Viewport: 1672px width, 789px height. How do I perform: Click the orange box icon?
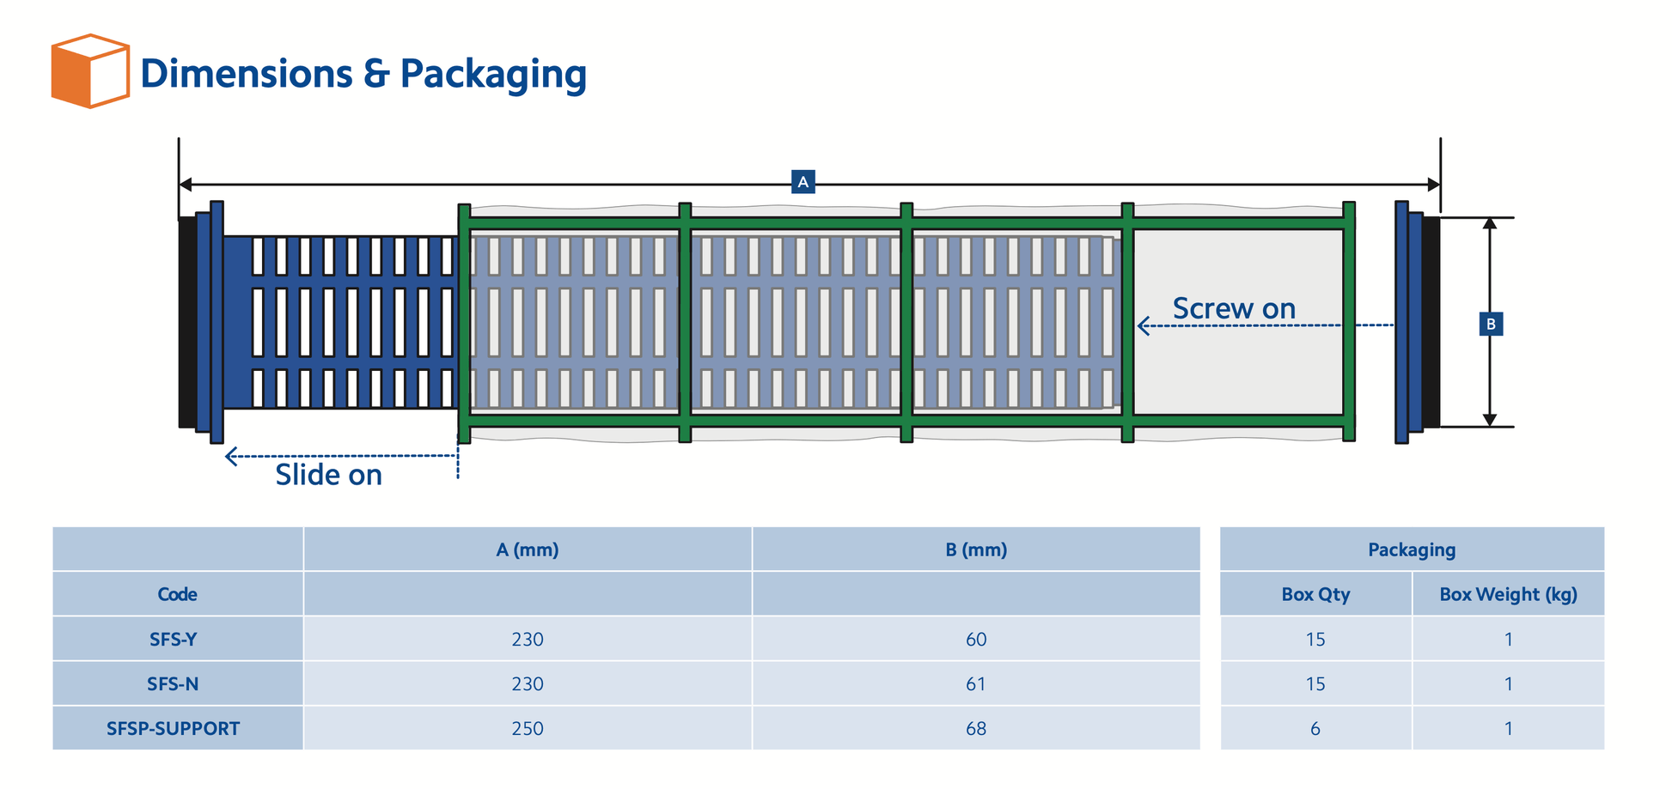pyautogui.click(x=89, y=71)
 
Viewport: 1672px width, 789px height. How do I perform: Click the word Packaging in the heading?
pyautogui.click(x=493, y=75)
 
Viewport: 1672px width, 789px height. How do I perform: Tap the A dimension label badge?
pyautogui.click(x=802, y=182)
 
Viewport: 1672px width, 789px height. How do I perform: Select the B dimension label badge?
pyautogui.click(x=1491, y=324)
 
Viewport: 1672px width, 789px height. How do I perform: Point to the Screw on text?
pyautogui.click(x=1234, y=309)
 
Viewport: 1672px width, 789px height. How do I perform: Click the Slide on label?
pyautogui.click(x=328, y=475)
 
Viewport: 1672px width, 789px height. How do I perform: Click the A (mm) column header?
pyautogui.click(x=528, y=549)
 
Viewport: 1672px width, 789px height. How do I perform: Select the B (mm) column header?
pyautogui.click(x=976, y=549)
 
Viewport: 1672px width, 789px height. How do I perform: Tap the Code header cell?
pyautogui.click(x=177, y=594)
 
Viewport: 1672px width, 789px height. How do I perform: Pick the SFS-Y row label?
pyautogui.click(x=173, y=639)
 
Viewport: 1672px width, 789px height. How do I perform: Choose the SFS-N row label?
pyautogui.click(x=173, y=683)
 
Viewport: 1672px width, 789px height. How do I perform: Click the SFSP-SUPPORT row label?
pyautogui.click(x=173, y=728)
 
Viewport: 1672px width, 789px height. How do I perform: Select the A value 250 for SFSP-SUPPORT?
pyautogui.click(x=528, y=728)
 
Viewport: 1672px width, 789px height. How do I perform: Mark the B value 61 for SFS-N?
pyautogui.click(x=976, y=683)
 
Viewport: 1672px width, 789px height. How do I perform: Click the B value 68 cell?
pyautogui.click(x=976, y=728)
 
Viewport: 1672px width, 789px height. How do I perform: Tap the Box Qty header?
pyautogui.click(x=1315, y=594)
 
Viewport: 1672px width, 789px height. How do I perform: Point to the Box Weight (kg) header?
pyautogui.click(x=1508, y=594)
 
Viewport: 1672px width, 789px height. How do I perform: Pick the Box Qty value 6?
pyautogui.click(x=1315, y=728)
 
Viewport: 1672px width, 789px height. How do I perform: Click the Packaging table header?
pyautogui.click(x=1412, y=549)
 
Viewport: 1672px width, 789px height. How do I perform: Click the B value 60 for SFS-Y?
pyautogui.click(x=976, y=639)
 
